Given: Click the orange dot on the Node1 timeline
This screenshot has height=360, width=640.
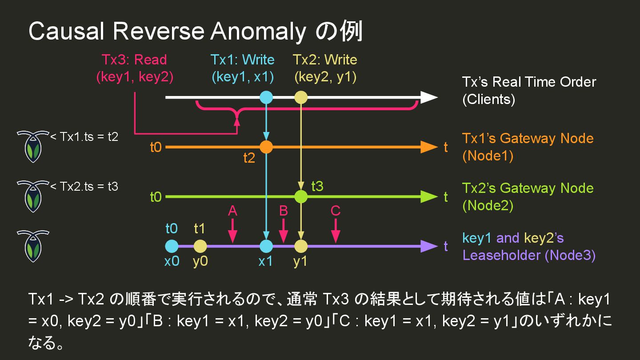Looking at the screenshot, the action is point(266,147).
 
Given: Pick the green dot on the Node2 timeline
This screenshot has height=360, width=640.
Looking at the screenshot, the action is point(301,196).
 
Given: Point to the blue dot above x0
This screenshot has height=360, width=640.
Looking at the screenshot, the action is point(172,246).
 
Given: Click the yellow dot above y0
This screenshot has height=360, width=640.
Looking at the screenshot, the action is point(200,246).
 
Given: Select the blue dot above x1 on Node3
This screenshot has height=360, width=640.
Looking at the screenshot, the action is point(266,246).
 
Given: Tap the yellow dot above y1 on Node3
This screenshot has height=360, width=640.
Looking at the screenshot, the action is point(301,246).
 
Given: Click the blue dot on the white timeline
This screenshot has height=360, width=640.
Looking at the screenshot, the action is point(266,97).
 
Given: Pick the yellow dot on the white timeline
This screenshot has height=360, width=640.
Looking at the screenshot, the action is point(301,97).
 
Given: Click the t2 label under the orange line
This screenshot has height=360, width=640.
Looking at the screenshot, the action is point(249,158).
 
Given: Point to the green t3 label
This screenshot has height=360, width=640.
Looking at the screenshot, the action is point(317,186).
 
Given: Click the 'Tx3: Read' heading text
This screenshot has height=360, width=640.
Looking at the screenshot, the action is point(134,60).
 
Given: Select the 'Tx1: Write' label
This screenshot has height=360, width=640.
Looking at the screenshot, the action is point(242,60).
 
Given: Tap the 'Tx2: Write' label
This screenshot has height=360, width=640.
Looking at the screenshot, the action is point(325,60).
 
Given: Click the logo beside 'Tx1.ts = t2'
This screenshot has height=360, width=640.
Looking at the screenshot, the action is point(32,146).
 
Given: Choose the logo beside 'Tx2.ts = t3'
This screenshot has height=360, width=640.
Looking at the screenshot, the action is point(32,196).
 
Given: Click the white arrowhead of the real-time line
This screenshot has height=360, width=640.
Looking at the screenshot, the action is point(428,97).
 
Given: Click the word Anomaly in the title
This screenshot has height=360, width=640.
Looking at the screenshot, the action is point(259,32).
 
